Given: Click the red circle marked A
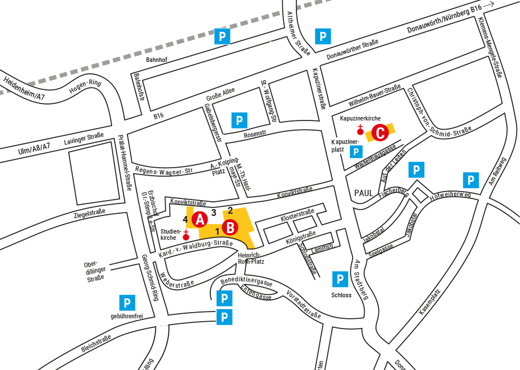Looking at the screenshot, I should [x=199, y=219].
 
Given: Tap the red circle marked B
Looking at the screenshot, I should [x=230, y=228].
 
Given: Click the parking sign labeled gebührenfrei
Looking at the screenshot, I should [x=127, y=303].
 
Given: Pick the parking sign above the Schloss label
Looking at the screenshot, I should [x=340, y=279].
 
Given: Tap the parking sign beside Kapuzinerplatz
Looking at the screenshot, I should [x=356, y=152].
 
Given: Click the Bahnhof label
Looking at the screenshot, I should [x=157, y=59].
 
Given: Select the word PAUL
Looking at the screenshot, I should [x=364, y=193].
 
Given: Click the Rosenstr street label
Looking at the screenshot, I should [x=255, y=135].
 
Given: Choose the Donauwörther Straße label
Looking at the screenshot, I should [x=352, y=50].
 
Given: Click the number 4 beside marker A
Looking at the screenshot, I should [x=185, y=219].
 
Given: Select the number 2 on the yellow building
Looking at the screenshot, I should [x=230, y=210].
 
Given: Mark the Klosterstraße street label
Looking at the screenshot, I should [x=298, y=215].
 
